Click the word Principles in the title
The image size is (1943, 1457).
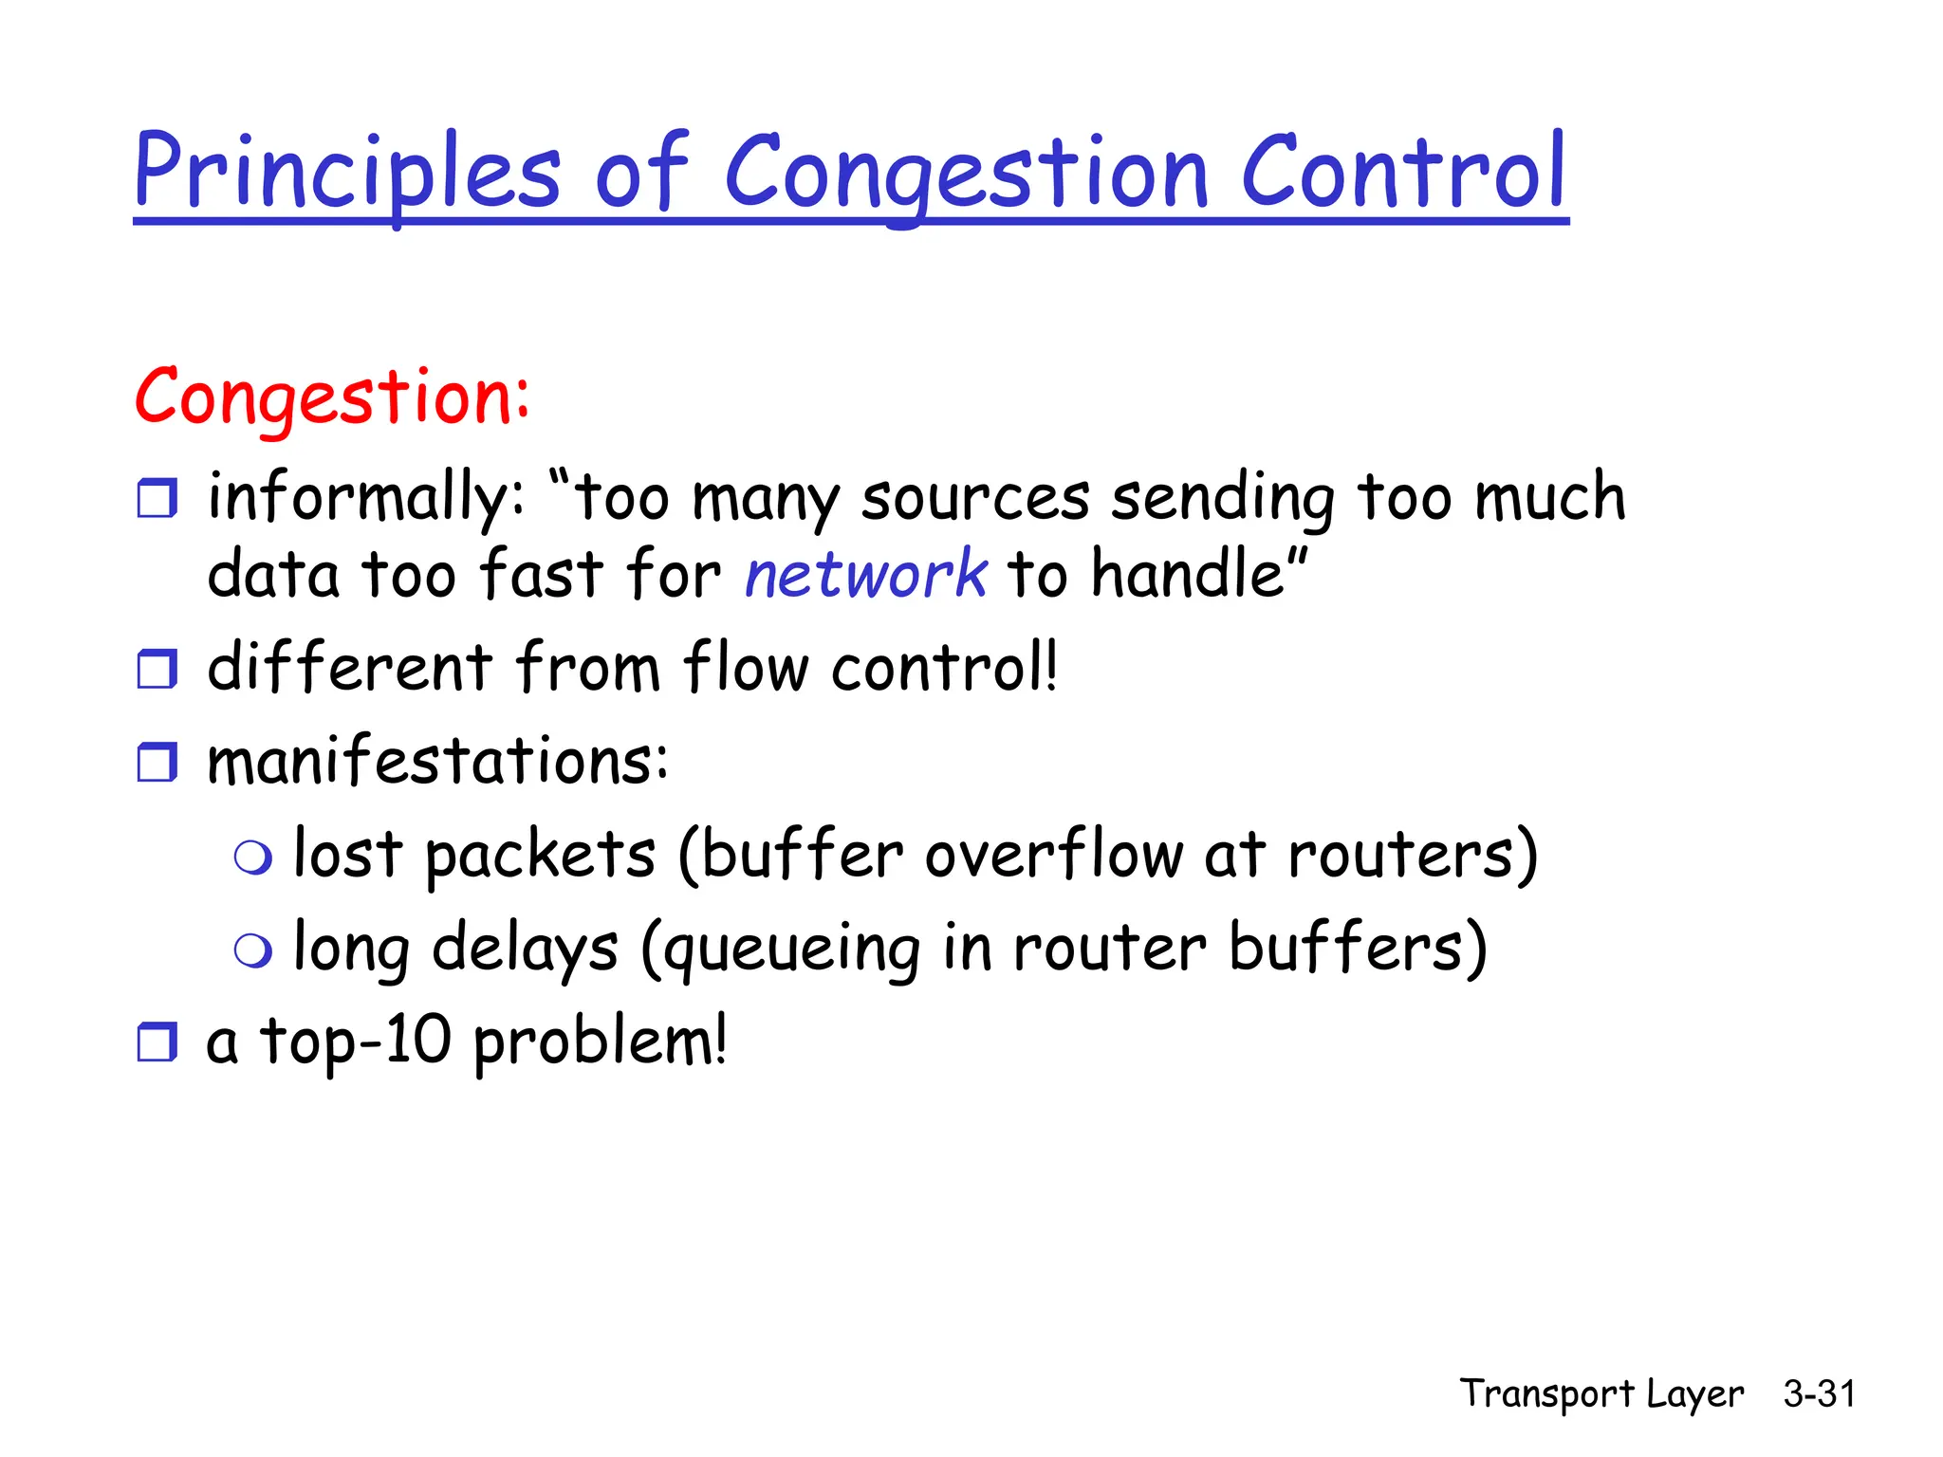click(x=347, y=173)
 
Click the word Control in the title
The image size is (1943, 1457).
click(x=1403, y=173)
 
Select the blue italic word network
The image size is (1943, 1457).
click(x=865, y=575)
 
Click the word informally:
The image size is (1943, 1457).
click(x=365, y=497)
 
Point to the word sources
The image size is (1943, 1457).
click(x=975, y=499)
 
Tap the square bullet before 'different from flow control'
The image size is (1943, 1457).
click(x=157, y=669)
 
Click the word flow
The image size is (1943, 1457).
click(x=745, y=667)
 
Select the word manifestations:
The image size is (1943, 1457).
click(x=437, y=761)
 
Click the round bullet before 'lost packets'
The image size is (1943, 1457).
click(x=253, y=858)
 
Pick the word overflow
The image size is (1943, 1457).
click(x=1054, y=855)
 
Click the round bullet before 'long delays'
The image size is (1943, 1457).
click(x=253, y=950)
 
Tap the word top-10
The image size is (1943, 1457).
click(x=356, y=1042)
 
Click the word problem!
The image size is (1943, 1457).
click(x=600, y=1043)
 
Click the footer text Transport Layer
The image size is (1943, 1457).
click(x=1601, y=1394)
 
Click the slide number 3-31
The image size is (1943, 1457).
click(x=1819, y=1394)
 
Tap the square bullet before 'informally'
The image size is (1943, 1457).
click(x=157, y=498)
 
